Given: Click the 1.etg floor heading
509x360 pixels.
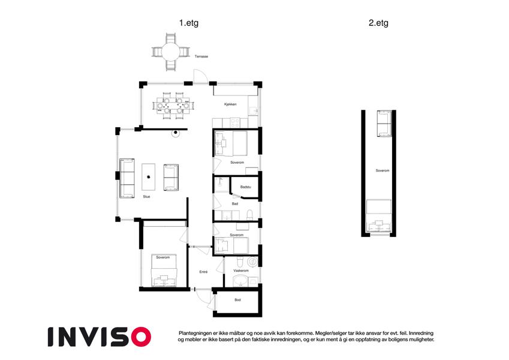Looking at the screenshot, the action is coord(189,23).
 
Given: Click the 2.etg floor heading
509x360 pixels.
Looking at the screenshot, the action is coord(378,23).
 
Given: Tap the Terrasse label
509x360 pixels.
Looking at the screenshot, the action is coord(201,56).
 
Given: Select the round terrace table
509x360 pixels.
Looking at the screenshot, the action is coord(171,52).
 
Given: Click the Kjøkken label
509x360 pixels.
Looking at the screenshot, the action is coord(230,104).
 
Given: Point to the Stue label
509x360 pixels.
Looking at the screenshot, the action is coord(146,197).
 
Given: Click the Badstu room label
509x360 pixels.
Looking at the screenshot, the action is coord(245,187).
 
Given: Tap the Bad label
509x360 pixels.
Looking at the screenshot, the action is coord(234,204).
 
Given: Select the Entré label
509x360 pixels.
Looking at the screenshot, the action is coord(203,272).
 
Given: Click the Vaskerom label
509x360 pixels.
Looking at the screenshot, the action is coord(241,271).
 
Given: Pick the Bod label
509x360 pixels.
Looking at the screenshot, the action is coord(237,300).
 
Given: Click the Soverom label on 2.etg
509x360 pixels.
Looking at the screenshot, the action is coord(382,170).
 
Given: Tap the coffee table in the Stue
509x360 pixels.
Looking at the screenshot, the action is coord(148,177).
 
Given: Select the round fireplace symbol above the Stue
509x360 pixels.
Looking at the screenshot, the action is coord(176,133).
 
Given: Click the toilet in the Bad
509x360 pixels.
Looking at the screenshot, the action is coord(249,215).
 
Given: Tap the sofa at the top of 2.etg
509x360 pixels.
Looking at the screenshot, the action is coord(385,124).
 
